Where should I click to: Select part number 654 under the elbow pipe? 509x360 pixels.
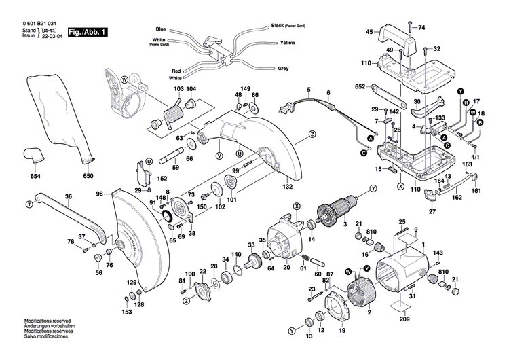35,177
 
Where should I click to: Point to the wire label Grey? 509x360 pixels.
283,69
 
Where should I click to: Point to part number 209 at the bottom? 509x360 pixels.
404,319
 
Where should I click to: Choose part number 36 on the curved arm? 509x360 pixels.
68,197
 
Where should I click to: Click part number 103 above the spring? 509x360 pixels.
178,90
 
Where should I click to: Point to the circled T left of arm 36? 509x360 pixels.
29,203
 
